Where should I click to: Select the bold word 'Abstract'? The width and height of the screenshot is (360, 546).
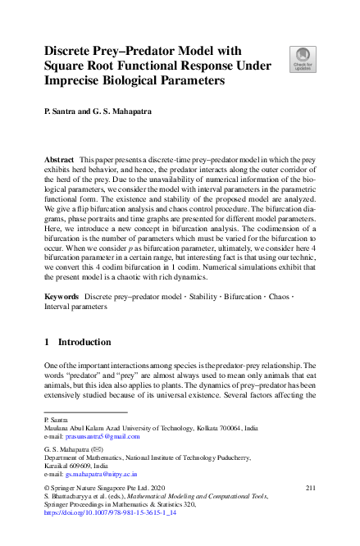coord(60,157)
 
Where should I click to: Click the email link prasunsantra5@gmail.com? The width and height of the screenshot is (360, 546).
coord(103,437)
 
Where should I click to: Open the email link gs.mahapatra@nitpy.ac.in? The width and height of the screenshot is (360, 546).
coord(102,474)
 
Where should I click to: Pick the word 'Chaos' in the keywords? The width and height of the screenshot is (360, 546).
coord(280,294)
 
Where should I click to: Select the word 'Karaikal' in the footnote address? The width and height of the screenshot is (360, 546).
coord(57,465)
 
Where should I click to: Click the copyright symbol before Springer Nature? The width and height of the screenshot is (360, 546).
coord(47,489)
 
